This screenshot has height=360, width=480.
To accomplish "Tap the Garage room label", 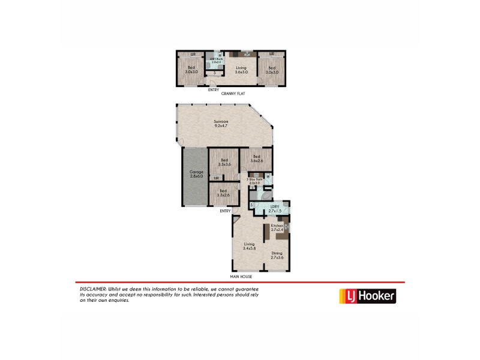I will point(196,174).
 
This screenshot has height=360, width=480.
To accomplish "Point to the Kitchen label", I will point(277,227).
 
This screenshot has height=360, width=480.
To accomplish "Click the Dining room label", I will point(277,256).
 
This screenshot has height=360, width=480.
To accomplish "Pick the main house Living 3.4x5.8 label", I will point(249,246).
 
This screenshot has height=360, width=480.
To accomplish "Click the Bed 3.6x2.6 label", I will point(256,158).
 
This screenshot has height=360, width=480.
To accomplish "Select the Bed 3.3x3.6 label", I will point(224,162).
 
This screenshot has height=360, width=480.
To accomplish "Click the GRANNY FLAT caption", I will point(233,94).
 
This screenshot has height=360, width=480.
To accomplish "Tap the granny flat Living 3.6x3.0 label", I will point(241,70).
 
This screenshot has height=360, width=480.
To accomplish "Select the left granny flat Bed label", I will point(191,70).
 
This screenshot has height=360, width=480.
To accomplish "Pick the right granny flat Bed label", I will point(271,70).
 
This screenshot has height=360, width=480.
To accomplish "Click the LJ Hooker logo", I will point(368,296).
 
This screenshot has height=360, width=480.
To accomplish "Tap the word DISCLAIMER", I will point(93,289).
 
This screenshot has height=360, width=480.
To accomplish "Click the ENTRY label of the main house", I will point(226,211).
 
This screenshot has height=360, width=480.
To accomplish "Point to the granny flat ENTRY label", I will point(214,89).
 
